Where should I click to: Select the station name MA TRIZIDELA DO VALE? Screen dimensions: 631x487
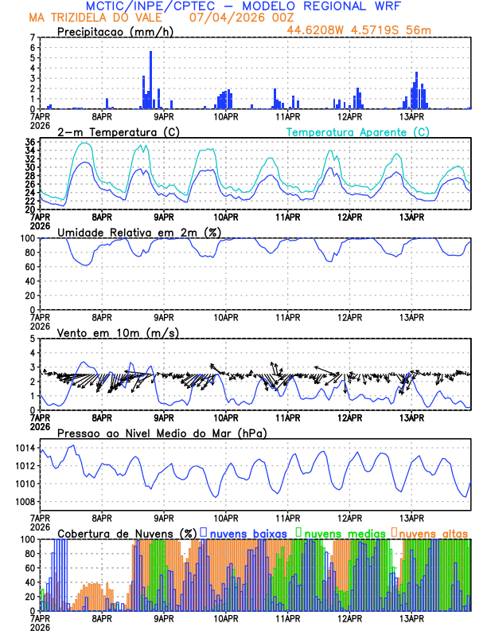102,18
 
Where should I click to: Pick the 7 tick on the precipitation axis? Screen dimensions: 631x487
32,37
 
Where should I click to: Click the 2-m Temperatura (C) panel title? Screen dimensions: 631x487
118,131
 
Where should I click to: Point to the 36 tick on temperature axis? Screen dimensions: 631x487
29,142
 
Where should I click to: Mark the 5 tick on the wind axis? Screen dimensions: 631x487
32,339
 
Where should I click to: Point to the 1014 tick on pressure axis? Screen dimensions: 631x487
24,449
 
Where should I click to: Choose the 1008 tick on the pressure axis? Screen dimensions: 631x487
24,501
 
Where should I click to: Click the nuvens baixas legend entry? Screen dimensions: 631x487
247,531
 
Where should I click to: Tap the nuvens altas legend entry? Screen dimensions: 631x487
433,531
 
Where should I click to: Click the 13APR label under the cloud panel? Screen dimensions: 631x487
411,617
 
